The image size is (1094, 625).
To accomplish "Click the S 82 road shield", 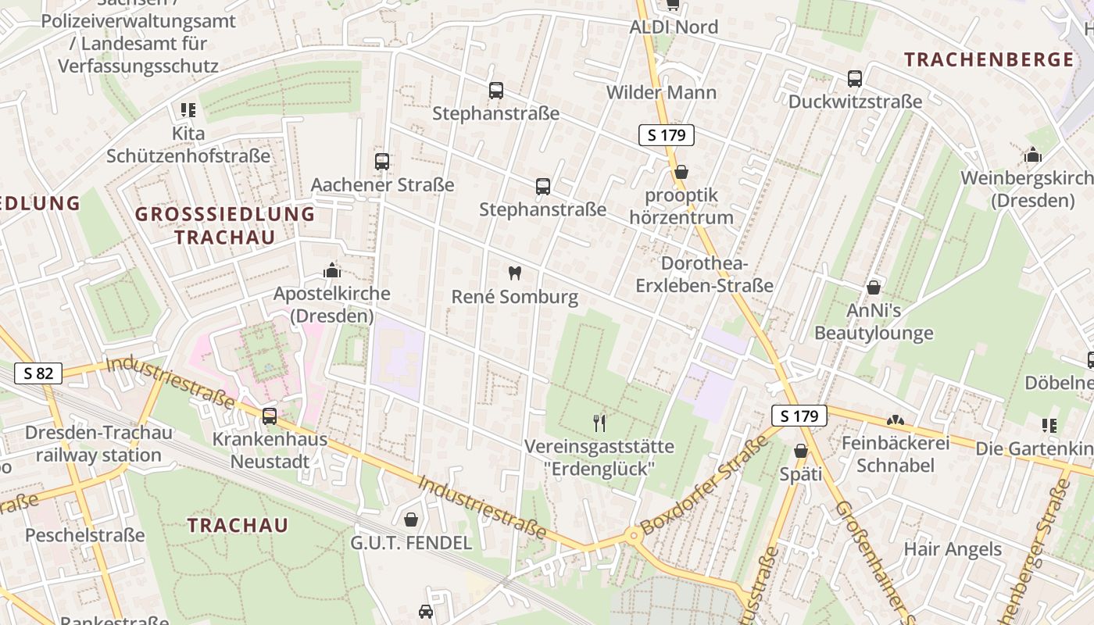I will tap(38, 373).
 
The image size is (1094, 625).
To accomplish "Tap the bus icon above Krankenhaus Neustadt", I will tap(270, 416).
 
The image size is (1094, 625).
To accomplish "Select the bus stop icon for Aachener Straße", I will tap(382, 162).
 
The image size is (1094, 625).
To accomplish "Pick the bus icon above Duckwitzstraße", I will tap(855, 79).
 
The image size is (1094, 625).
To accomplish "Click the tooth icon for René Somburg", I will tap(514, 273).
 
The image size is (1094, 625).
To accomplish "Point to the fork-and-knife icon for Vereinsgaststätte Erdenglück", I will tap(599, 423).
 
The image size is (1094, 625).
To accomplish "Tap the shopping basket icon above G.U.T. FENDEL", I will tap(411, 520).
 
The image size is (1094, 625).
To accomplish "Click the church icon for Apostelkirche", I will tap(332, 271).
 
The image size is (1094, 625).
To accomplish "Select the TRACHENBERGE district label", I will tap(989, 59).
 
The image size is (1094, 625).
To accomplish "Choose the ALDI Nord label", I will tap(673, 27).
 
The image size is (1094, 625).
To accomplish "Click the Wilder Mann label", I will tap(661, 92).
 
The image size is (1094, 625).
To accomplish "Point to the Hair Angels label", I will tap(952, 549).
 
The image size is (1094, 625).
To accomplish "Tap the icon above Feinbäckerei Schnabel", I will tap(896, 421).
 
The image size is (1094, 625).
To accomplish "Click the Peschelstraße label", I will tap(85, 535).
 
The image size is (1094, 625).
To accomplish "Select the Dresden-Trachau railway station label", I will tap(98, 444).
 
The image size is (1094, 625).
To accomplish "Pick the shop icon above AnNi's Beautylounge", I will tap(874, 287).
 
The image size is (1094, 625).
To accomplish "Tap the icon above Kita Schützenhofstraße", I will tap(188, 110).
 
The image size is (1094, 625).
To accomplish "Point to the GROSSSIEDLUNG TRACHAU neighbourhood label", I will tap(225, 225).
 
